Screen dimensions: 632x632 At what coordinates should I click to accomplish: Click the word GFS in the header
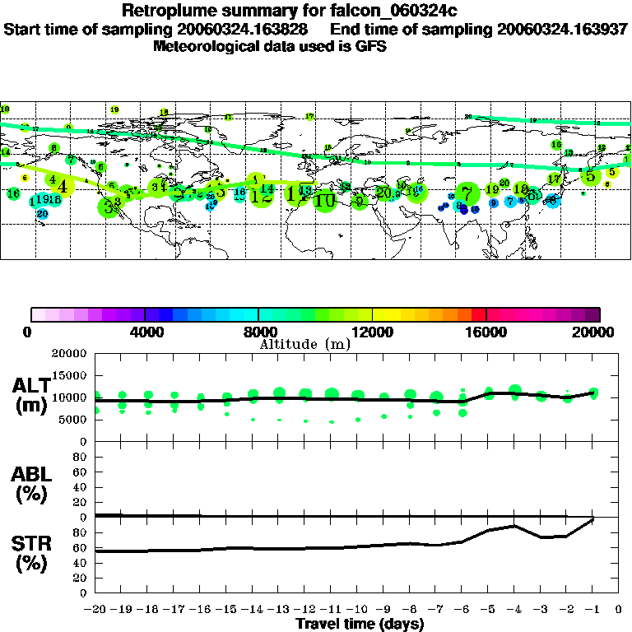[x=369, y=46]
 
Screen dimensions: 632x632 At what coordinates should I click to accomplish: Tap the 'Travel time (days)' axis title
[x=360, y=624]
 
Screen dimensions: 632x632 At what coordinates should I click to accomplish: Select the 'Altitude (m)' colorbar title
[x=304, y=344]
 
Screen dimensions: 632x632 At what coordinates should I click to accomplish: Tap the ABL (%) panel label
[x=31, y=484]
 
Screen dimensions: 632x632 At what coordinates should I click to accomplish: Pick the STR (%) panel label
[x=31, y=553]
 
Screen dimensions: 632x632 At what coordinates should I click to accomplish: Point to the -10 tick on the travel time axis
[x=357, y=610]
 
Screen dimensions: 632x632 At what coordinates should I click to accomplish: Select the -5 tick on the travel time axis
[x=488, y=610]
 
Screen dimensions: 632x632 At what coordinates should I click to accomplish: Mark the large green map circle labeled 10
[x=325, y=200]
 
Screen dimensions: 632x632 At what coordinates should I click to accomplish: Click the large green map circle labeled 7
[x=467, y=195]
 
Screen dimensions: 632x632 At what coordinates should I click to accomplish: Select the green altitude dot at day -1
[x=593, y=393]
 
